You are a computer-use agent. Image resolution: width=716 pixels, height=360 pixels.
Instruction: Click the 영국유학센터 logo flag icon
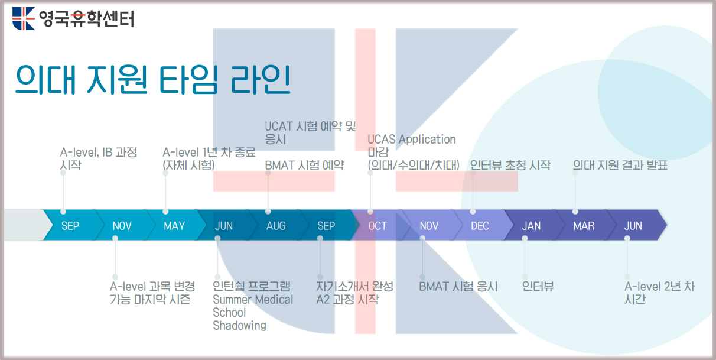coord(23,18)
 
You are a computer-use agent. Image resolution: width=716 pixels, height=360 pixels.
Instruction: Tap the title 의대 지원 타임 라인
coord(153,79)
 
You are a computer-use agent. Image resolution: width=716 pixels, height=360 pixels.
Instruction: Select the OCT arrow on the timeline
coord(377,225)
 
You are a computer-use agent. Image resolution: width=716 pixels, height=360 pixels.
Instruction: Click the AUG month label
coord(276,226)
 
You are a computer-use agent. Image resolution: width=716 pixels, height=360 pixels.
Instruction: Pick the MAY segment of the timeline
coord(174,225)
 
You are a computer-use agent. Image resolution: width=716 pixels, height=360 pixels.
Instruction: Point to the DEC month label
coord(480,226)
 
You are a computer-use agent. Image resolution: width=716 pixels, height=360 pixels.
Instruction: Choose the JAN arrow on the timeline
coord(532,225)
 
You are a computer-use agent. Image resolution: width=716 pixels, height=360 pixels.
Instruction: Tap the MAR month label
coord(584,226)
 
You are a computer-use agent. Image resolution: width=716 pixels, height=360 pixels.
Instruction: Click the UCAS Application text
coord(412,140)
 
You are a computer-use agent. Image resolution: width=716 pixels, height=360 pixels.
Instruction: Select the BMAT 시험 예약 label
coord(305,166)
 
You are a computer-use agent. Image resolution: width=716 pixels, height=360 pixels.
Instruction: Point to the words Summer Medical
coord(253,300)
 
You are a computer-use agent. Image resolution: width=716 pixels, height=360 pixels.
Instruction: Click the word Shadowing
coord(239,326)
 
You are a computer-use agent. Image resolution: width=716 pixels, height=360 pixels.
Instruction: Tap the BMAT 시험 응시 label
coord(458,287)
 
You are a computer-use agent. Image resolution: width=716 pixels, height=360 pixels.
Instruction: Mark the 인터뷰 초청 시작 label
coord(510,166)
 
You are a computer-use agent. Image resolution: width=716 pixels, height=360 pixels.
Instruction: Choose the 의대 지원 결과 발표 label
coord(620,166)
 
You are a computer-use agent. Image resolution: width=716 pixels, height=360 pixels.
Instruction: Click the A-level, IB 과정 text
coord(99,153)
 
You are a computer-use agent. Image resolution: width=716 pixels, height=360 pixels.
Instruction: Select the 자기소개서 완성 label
coord(355,287)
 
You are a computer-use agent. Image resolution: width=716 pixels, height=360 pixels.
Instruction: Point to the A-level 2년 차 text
coord(660,287)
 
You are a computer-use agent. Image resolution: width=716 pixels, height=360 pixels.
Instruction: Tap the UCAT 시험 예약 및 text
coord(310,127)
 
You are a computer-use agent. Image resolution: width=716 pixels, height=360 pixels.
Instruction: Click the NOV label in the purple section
coord(429,226)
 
